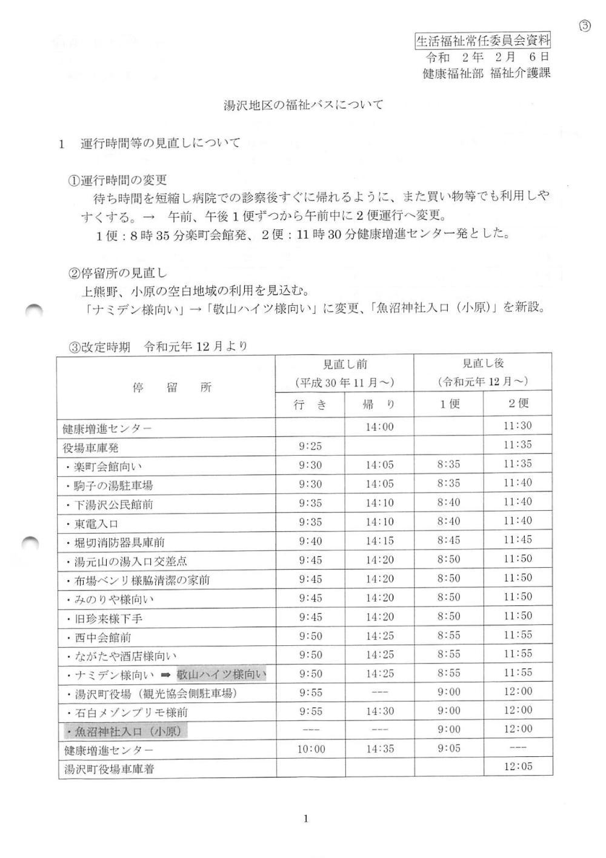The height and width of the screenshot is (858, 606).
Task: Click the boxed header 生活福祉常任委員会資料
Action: (x=482, y=41)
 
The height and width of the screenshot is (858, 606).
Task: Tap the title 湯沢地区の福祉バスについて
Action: (x=304, y=105)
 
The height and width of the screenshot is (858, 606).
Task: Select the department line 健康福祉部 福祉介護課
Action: (x=487, y=73)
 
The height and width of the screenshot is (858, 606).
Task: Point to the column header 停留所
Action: (x=172, y=388)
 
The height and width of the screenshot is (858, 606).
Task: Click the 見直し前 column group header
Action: (x=345, y=364)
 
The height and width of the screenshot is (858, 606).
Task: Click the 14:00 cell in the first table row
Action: (x=379, y=427)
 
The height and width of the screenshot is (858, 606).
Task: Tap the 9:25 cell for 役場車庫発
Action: (x=310, y=447)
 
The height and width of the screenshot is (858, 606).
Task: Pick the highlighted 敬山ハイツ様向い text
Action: (x=221, y=674)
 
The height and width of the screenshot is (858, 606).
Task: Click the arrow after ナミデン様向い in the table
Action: (x=166, y=674)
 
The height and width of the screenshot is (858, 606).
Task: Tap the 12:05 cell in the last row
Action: (x=518, y=767)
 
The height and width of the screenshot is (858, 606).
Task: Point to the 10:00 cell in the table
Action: (x=311, y=749)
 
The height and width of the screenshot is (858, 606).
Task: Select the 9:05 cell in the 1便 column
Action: (x=449, y=749)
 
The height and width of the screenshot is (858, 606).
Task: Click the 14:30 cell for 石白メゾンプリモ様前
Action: (x=379, y=711)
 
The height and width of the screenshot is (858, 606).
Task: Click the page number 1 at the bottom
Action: (x=305, y=819)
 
